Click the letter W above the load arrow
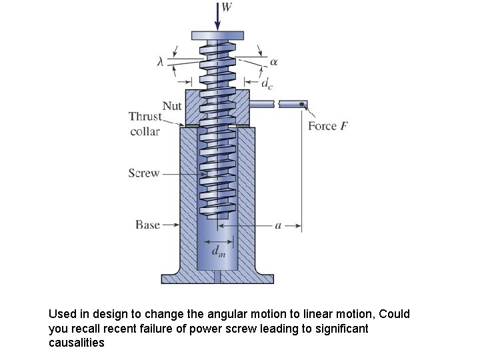click(x=227, y=8)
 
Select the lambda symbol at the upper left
click(x=160, y=61)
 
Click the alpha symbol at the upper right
click(x=274, y=61)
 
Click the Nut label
click(x=172, y=106)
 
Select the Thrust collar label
click(x=145, y=124)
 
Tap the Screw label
click(x=144, y=173)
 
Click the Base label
click(x=147, y=225)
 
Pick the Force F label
click(x=327, y=126)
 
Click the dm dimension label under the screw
click(x=218, y=251)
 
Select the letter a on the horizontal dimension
click(x=279, y=225)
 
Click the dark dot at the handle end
click(x=303, y=104)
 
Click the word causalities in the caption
click(x=77, y=343)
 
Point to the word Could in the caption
click(x=395, y=314)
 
